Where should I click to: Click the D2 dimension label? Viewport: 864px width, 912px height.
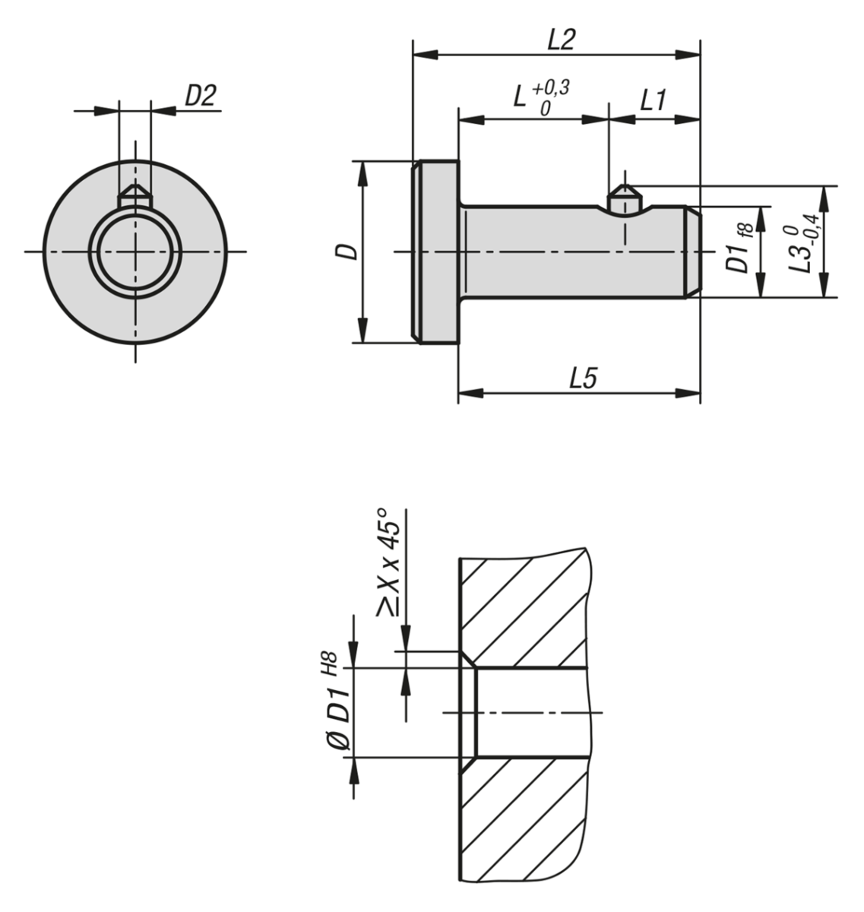(x=201, y=96)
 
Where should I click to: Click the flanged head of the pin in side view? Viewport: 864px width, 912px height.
(x=437, y=252)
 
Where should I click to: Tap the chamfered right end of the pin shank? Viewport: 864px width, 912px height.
(x=693, y=252)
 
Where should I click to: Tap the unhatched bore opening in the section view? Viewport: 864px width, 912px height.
(x=532, y=712)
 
